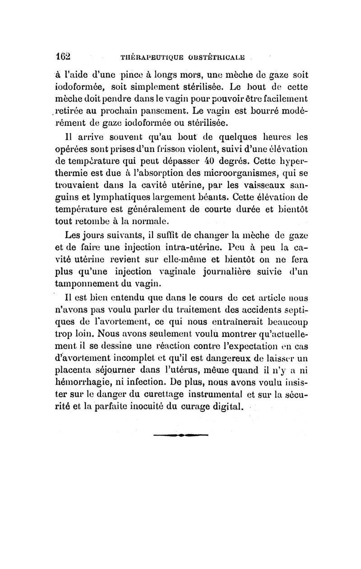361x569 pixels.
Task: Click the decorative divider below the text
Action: (180, 436)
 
